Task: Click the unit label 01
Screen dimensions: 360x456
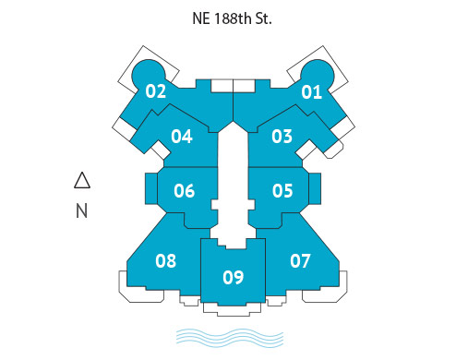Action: [311, 91]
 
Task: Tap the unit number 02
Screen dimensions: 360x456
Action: [156, 91]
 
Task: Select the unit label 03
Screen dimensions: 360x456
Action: [282, 137]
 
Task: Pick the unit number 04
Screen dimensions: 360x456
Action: [182, 137]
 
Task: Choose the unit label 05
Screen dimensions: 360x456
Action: [282, 191]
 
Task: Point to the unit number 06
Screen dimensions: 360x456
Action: [184, 191]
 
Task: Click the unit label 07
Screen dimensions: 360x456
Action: [301, 260]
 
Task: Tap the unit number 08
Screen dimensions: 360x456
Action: [165, 260]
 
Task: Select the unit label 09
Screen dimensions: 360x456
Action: [234, 276]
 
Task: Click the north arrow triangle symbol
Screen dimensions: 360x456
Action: [81, 181]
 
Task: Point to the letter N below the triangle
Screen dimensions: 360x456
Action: [81, 211]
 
